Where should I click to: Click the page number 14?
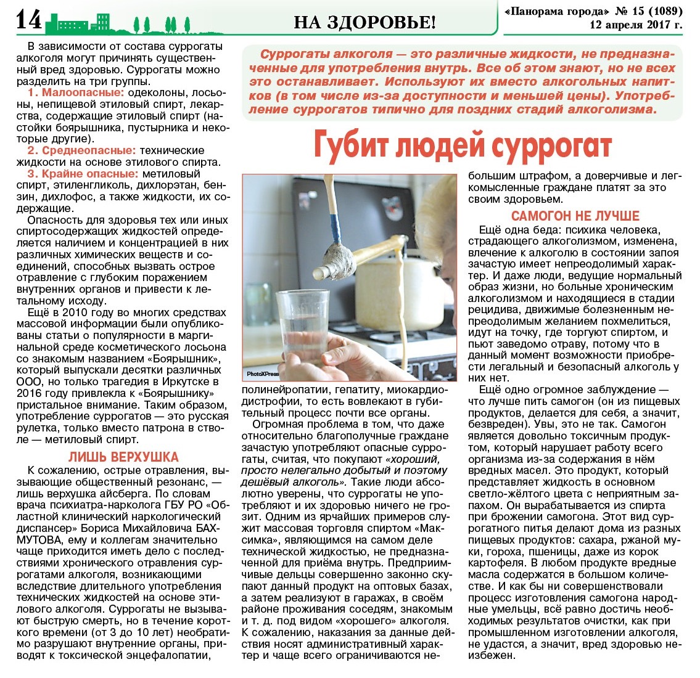(28, 21)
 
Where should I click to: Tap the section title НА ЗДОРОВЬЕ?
(364, 23)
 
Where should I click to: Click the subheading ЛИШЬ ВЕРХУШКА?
(123, 457)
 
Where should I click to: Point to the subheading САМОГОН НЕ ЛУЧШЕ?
(575, 216)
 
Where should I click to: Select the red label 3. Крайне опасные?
(83, 174)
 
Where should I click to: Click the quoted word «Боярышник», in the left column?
(178, 359)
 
